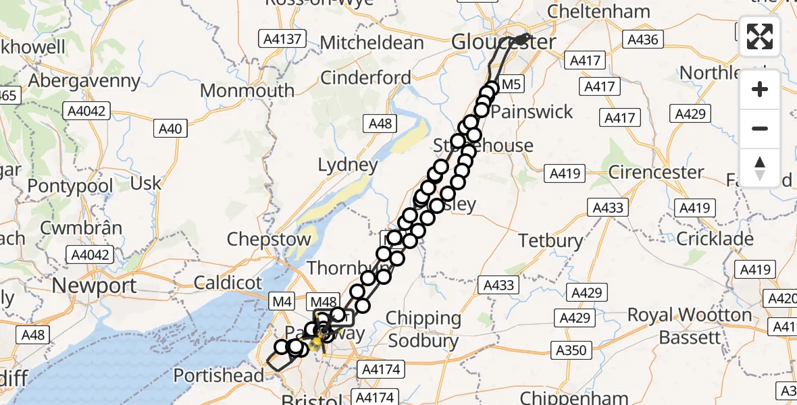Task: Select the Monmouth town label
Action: tap(247, 90)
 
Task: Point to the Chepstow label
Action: tap(269, 239)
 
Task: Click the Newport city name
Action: tap(95, 286)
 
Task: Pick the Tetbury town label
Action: tap(550, 240)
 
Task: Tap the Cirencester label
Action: tap(656, 171)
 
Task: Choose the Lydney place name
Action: tap(348, 165)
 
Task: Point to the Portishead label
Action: tap(219, 375)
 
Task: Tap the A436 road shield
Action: tap(642, 40)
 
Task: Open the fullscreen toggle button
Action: tap(760, 36)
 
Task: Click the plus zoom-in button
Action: tap(760, 89)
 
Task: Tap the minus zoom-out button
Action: tap(760, 128)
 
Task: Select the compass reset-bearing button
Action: tap(760, 167)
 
